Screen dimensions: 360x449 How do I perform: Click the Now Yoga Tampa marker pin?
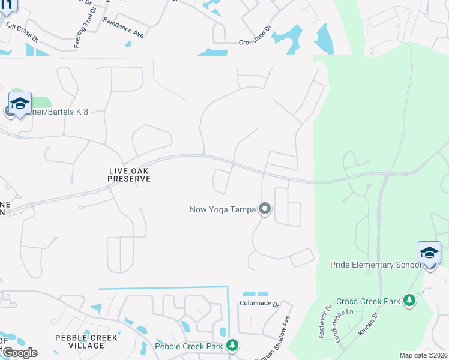click(x=265, y=209)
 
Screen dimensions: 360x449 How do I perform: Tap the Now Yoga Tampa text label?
click(x=222, y=209)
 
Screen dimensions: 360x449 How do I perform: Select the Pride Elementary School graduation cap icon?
click(x=429, y=253)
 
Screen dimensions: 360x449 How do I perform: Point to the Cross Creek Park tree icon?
click(x=409, y=300)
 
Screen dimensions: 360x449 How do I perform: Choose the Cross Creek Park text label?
click(x=368, y=301)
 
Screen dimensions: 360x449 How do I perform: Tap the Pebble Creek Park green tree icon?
click(x=232, y=345)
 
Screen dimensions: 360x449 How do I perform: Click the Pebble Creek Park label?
click(x=189, y=346)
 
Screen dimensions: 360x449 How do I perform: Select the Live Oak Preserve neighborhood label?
click(x=129, y=175)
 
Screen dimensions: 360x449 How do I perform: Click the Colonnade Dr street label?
click(x=261, y=304)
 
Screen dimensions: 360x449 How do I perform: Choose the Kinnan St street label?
click(x=369, y=325)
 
